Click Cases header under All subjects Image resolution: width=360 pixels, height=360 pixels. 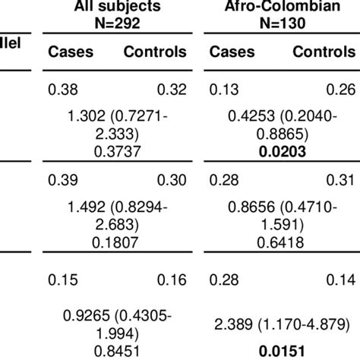pyautogui.click(x=70, y=52)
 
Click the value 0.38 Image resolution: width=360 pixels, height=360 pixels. pyautogui.click(x=61, y=90)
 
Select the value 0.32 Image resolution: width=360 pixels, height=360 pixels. pyautogui.click(x=172, y=90)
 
